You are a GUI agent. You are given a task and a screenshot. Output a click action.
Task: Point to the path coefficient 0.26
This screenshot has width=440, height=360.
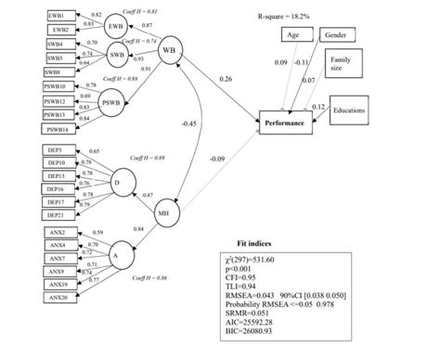(226, 79)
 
